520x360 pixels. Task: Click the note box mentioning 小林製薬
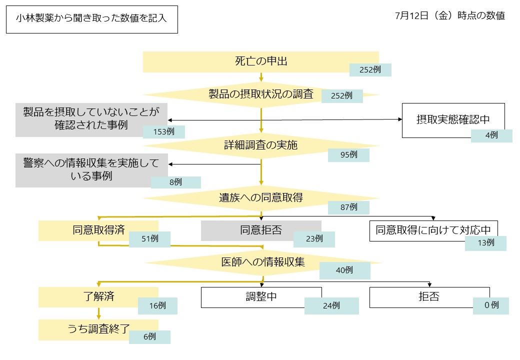pyautogui.click(x=91, y=19)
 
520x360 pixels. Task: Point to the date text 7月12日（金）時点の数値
pyautogui.click(x=449, y=16)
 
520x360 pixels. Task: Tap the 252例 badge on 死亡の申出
pyautogui.click(x=370, y=69)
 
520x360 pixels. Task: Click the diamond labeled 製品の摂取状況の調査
pyautogui.click(x=260, y=94)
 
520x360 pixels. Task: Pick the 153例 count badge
pyautogui.click(x=164, y=132)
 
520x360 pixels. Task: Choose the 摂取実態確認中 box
pyautogui.click(x=453, y=120)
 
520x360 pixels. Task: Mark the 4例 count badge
pyautogui.click(x=491, y=135)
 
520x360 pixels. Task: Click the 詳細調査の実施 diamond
pyautogui.click(x=260, y=145)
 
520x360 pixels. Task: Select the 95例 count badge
pyautogui.click(x=348, y=155)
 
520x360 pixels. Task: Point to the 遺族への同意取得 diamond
pyautogui.click(x=260, y=197)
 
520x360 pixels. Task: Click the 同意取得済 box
pyautogui.click(x=98, y=230)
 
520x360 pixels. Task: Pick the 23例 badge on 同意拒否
pyautogui.click(x=314, y=239)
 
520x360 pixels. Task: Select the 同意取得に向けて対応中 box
pyautogui.click(x=433, y=230)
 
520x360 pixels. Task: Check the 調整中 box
pyautogui.click(x=261, y=297)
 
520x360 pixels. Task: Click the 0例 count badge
pyautogui.click(x=491, y=305)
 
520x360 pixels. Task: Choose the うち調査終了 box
pyautogui.click(x=98, y=329)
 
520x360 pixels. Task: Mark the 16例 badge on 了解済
pyautogui.click(x=157, y=305)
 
